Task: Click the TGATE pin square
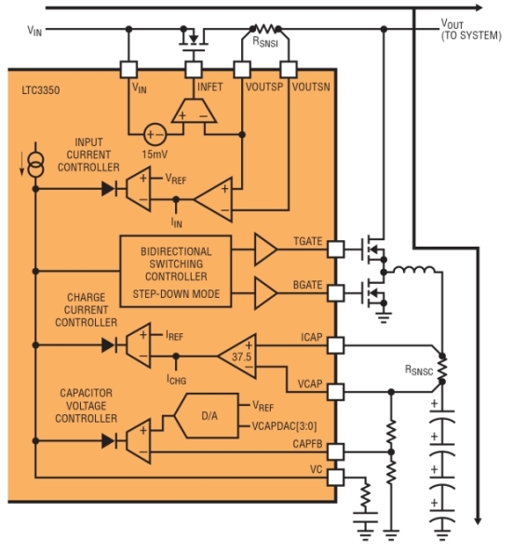coord(335,249)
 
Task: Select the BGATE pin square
coord(335,293)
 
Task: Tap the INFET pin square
coord(194,70)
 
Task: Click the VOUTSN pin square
coord(289,70)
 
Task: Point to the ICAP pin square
coord(335,345)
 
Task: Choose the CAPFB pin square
coord(335,451)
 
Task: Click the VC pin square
coord(335,478)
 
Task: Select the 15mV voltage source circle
coord(155,134)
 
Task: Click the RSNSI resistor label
coord(265,42)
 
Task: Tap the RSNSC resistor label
coord(419,370)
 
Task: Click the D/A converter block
coord(207,416)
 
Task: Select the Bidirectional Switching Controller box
coord(176,272)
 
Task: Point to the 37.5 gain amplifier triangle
coord(237,356)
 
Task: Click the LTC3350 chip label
coord(41,90)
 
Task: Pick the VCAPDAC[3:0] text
coord(284,426)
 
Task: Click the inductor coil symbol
coord(414,270)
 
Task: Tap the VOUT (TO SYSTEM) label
coord(471,30)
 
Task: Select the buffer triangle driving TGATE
coord(265,249)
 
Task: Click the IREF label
coord(174,335)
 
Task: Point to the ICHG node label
coord(177,379)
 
